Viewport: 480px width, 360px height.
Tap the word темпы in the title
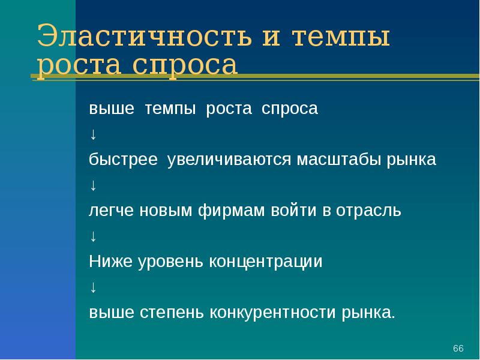(341, 38)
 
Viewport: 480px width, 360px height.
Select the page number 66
(458, 349)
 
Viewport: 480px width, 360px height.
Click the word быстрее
(124, 161)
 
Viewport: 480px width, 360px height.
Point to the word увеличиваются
(229, 161)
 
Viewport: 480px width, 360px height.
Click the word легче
(112, 211)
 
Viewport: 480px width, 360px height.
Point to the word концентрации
(266, 262)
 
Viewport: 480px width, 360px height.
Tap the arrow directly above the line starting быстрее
(93, 135)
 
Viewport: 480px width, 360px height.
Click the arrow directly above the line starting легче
(93, 186)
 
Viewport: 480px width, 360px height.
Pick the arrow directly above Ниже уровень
(93, 236)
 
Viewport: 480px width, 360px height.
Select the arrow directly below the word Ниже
(93, 287)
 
